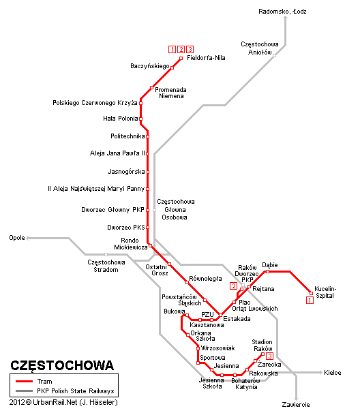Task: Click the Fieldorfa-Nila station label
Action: pos(205,59)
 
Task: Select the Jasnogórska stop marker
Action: pos(147,172)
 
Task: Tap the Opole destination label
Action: pos(17,238)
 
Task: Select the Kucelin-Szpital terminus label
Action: pos(325,292)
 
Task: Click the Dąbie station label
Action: pos(270,264)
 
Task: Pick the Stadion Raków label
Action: pos(262,345)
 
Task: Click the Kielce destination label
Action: pos(333,373)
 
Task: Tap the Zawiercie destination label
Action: pos(295,404)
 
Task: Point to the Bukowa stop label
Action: pos(174,311)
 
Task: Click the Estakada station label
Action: pos(237,319)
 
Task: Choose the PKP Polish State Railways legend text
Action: pos(75,391)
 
